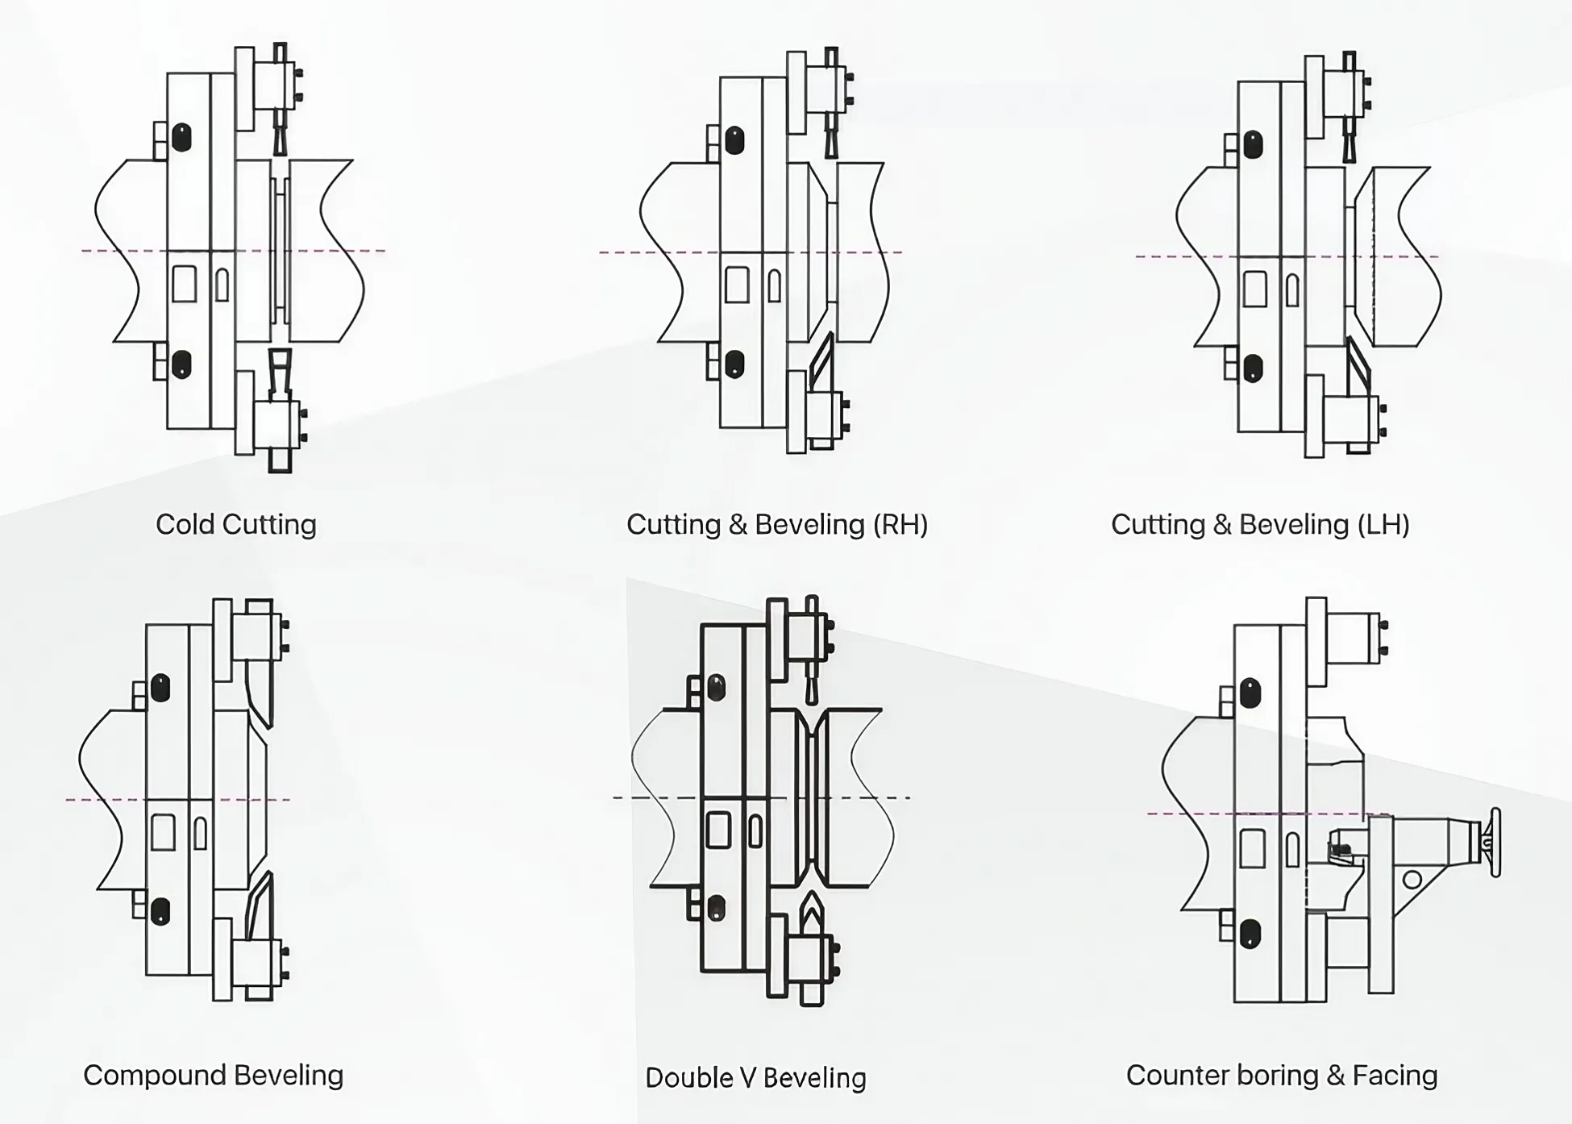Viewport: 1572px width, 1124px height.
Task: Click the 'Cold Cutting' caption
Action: [235, 524]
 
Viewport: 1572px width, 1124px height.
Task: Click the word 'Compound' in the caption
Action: [154, 1076]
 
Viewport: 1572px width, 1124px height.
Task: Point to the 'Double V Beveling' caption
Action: [755, 1078]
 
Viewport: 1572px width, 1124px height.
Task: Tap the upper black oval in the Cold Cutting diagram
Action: [182, 137]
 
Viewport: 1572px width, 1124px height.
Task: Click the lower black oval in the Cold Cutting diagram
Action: [182, 364]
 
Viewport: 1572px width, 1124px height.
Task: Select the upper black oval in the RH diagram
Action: [734, 140]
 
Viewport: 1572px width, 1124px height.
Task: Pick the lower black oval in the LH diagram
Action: [1253, 368]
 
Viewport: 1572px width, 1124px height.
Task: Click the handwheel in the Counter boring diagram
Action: [1495, 843]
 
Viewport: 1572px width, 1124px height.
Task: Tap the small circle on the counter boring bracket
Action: [1412, 879]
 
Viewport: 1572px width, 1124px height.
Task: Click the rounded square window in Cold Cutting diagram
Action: [184, 284]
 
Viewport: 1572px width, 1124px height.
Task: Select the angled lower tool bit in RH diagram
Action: [821, 362]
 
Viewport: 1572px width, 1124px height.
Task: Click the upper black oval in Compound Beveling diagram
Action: [160, 688]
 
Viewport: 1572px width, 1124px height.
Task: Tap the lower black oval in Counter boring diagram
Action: [1250, 934]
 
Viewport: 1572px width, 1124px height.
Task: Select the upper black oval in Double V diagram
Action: [716, 688]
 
